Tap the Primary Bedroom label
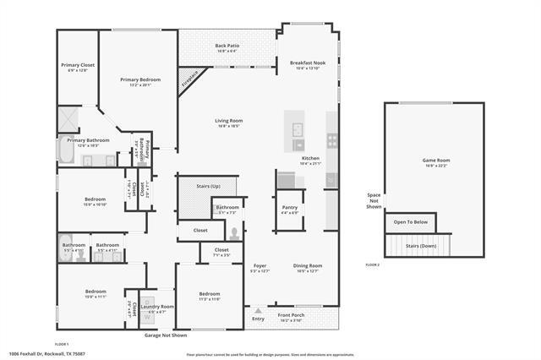coord(139,79)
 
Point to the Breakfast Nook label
coord(309,63)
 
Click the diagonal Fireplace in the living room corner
coord(191,79)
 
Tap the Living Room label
coord(228,121)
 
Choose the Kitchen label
coord(311,159)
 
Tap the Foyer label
coord(260,266)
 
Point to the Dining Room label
coord(308,266)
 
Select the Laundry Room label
coord(161,307)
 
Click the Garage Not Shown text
coord(167,335)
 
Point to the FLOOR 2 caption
coord(373,265)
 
